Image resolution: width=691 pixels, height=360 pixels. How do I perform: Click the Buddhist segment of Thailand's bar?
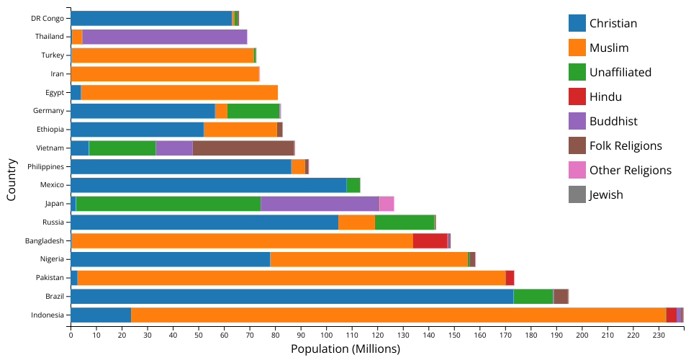tap(165, 37)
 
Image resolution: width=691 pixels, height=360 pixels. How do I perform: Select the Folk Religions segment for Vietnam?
tap(243, 148)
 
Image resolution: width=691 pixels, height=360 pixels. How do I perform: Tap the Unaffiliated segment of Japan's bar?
tap(168, 204)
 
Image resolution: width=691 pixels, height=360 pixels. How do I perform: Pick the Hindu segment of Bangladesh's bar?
tap(430, 240)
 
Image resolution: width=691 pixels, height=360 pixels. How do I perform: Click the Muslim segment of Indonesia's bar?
tap(398, 315)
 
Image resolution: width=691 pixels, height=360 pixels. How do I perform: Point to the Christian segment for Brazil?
tap(292, 296)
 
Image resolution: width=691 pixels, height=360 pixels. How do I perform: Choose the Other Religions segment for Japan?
tap(386, 204)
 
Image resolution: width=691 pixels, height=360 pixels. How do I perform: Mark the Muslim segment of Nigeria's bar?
tap(369, 259)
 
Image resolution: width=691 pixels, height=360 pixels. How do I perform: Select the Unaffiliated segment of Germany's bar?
tap(253, 111)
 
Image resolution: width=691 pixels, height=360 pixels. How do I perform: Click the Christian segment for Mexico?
tap(208, 185)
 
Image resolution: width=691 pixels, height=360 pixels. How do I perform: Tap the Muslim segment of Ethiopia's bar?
tap(240, 130)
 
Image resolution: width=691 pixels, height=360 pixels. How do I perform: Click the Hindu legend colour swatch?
tap(577, 96)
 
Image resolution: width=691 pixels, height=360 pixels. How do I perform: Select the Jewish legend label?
tap(606, 194)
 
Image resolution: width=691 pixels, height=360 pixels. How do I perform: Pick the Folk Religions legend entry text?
tap(625, 145)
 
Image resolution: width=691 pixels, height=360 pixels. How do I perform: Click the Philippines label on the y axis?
tap(45, 166)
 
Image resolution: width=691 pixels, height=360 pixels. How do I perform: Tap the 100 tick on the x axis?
tap(326, 335)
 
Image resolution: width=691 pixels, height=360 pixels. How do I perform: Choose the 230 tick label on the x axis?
tap(659, 335)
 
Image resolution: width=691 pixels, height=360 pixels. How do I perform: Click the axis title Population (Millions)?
tap(345, 349)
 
